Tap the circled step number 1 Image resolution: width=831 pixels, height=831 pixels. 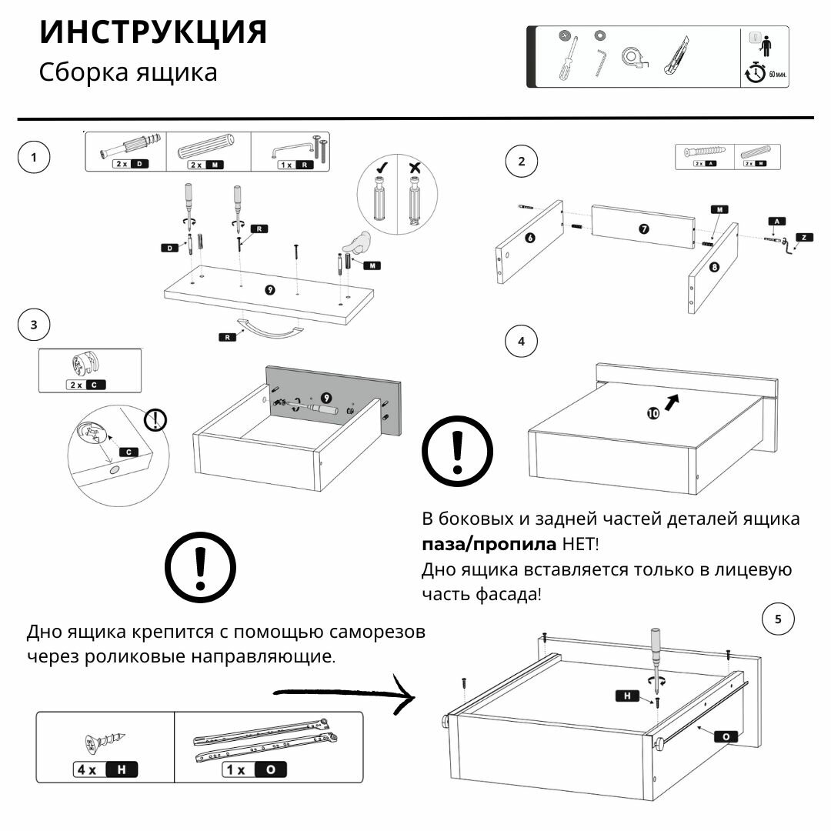(33, 159)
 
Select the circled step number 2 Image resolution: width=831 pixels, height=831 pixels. (522, 162)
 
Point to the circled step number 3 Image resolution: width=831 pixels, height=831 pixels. (33, 325)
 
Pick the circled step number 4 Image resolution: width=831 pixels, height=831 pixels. (522, 342)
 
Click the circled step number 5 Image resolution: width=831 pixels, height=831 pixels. (777, 619)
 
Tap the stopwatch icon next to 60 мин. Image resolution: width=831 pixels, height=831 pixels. (756, 72)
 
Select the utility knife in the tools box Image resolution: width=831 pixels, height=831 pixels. (675, 56)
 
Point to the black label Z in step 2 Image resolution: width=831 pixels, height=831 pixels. (803, 238)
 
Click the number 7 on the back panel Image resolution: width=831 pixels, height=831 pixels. (643, 229)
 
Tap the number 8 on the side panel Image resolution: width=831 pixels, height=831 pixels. (714, 268)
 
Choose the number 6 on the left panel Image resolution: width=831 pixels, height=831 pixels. (529, 238)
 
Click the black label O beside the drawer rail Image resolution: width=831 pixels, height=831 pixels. (725, 736)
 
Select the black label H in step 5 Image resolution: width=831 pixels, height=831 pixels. (627, 696)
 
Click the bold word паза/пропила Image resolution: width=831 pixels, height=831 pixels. (489, 545)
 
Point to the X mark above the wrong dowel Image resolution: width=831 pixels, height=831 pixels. (416, 167)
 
